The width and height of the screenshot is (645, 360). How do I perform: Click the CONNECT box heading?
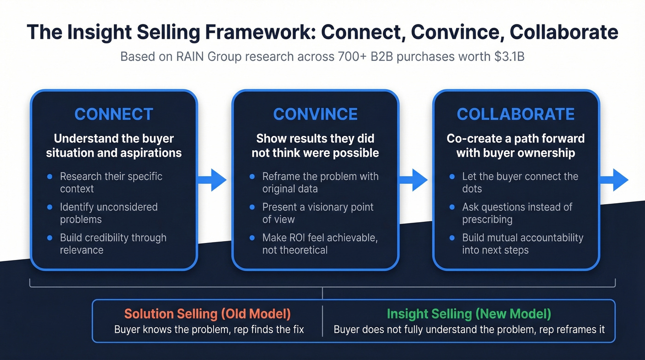pos(113,114)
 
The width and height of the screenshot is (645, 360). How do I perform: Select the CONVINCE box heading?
pos(315,114)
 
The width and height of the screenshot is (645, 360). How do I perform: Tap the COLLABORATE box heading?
pos(516,114)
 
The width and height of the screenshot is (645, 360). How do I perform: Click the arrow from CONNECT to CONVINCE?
pos(213,180)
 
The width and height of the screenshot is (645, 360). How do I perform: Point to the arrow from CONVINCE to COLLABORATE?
pos(414,180)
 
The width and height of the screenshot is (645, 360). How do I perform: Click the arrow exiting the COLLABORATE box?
pos(615,180)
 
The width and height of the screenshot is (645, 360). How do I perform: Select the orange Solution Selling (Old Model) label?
pos(207,314)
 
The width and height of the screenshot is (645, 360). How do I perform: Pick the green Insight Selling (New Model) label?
pos(469,314)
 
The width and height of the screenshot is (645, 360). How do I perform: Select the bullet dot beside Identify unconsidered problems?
pos(50,207)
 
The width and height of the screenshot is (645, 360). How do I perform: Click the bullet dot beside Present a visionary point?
pos(252,207)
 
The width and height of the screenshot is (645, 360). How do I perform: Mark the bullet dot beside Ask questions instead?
pos(452,207)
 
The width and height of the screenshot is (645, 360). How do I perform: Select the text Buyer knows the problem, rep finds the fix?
pos(209,330)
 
